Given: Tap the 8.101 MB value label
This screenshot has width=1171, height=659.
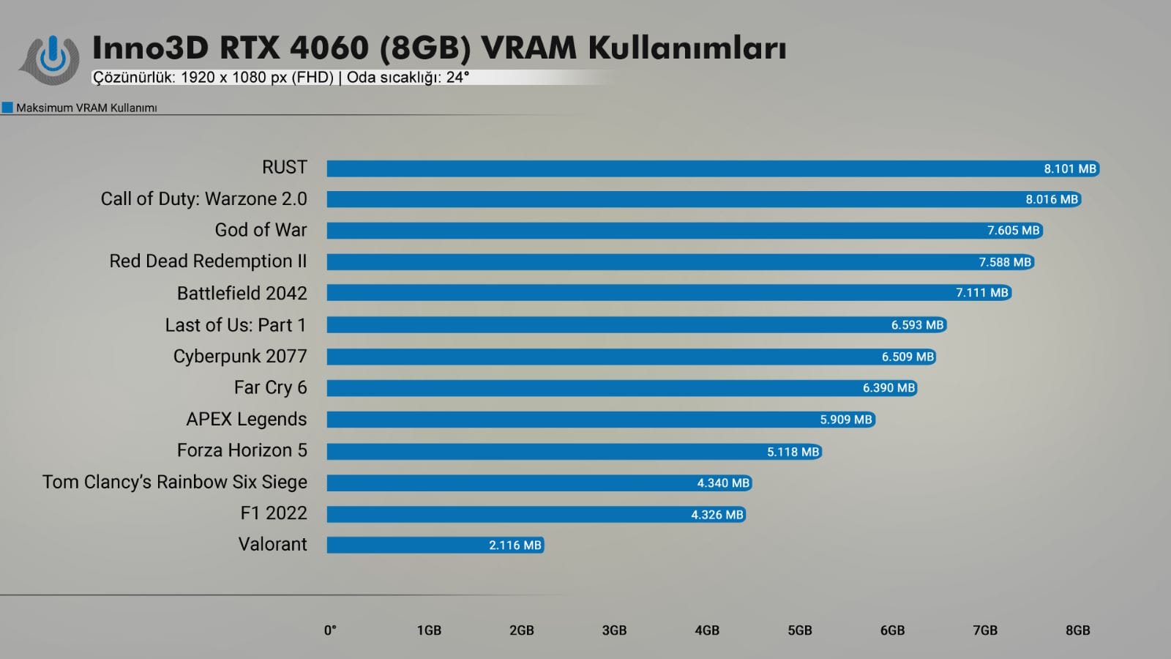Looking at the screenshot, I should click(x=1069, y=169).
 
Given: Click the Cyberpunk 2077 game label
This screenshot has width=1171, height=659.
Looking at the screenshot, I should click(x=240, y=357).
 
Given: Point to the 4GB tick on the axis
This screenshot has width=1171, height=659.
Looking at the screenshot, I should click(x=707, y=630).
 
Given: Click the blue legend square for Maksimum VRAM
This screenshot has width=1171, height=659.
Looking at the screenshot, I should click(x=7, y=108).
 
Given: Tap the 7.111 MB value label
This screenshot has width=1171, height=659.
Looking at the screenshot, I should click(x=981, y=293).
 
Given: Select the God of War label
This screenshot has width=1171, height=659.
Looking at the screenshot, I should click(x=261, y=230).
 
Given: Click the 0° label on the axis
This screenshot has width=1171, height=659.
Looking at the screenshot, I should click(x=330, y=630).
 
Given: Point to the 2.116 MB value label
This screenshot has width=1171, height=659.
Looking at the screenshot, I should click(x=515, y=546).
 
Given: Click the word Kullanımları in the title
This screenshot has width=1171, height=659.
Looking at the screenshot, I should click(x=686, y=48).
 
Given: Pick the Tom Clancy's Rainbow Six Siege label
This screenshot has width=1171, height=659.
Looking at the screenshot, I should click(x=175, y=482).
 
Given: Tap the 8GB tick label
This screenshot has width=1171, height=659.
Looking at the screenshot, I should click(x=1077, y=630).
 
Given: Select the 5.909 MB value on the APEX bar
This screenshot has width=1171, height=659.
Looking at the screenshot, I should click(x=845, y=420).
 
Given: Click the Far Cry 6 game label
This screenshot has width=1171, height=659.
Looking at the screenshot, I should click(x=270, y=387).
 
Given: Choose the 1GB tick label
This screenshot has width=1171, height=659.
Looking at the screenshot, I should click(x=429, y=630).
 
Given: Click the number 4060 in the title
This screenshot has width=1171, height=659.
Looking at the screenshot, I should click(x=329, y=48).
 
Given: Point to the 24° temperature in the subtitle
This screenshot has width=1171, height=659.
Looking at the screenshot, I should click(x=457, y=78).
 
